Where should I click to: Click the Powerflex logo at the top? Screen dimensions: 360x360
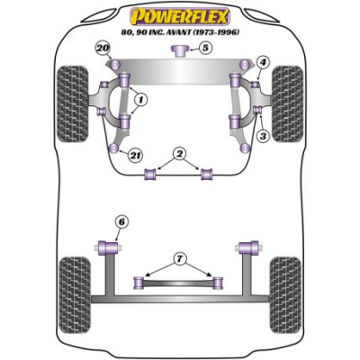tap(179, 17)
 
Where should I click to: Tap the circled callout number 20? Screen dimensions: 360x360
tap(103, 49)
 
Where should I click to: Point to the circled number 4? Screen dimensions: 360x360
tap(263, 63)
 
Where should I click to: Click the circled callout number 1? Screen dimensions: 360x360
tap(140, 100)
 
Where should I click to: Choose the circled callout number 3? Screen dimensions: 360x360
tap(263, 137)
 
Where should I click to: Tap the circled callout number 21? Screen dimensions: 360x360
tap(135, 155)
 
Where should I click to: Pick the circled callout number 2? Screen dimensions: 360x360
tap(179, 154)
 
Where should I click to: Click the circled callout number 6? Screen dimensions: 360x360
tap(121, 222)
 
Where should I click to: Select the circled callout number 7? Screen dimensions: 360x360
tap(179, 258)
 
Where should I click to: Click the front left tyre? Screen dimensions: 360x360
tap(73, 103)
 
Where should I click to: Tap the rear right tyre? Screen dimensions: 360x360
tap(285, 294)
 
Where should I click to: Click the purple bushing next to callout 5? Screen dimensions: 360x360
tap(179, 50)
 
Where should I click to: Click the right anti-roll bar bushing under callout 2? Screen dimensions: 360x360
tap(206, 175)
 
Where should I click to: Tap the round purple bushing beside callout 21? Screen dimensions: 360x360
tap(114, 148)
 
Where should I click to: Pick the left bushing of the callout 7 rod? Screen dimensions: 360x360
tap(139, 283)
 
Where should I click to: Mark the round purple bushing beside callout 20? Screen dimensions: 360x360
tap(115, 64)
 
